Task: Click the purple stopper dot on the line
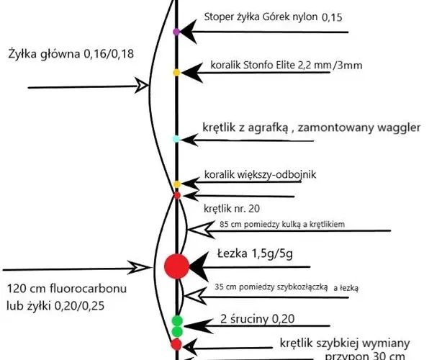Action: (x=176, y=32)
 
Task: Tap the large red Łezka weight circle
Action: (x=177, y=266)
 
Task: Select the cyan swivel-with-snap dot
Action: (x=176, y=139)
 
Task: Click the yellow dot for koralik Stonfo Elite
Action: (x=176, y=73)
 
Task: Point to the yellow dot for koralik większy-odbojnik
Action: (x=177, y=184)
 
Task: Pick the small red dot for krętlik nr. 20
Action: (x=177, y=195)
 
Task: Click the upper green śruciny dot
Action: (x=177, y=321)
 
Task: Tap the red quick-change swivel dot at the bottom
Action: (x=176, y=344)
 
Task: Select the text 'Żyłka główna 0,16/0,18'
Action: (x=71, y=53)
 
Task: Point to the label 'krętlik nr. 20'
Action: (x=232, y=209)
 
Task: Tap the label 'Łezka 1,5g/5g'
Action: (x=255, y=253)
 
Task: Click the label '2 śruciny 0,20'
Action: (x=258, y=319)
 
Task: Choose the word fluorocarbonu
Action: (x=89, y=289)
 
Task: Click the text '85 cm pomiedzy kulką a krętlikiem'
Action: (x=282, y=225)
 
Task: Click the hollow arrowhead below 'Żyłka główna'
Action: (x=142, y=85)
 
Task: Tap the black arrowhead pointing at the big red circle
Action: (x=199, y=266)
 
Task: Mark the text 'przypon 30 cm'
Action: (x=365, y=356)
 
